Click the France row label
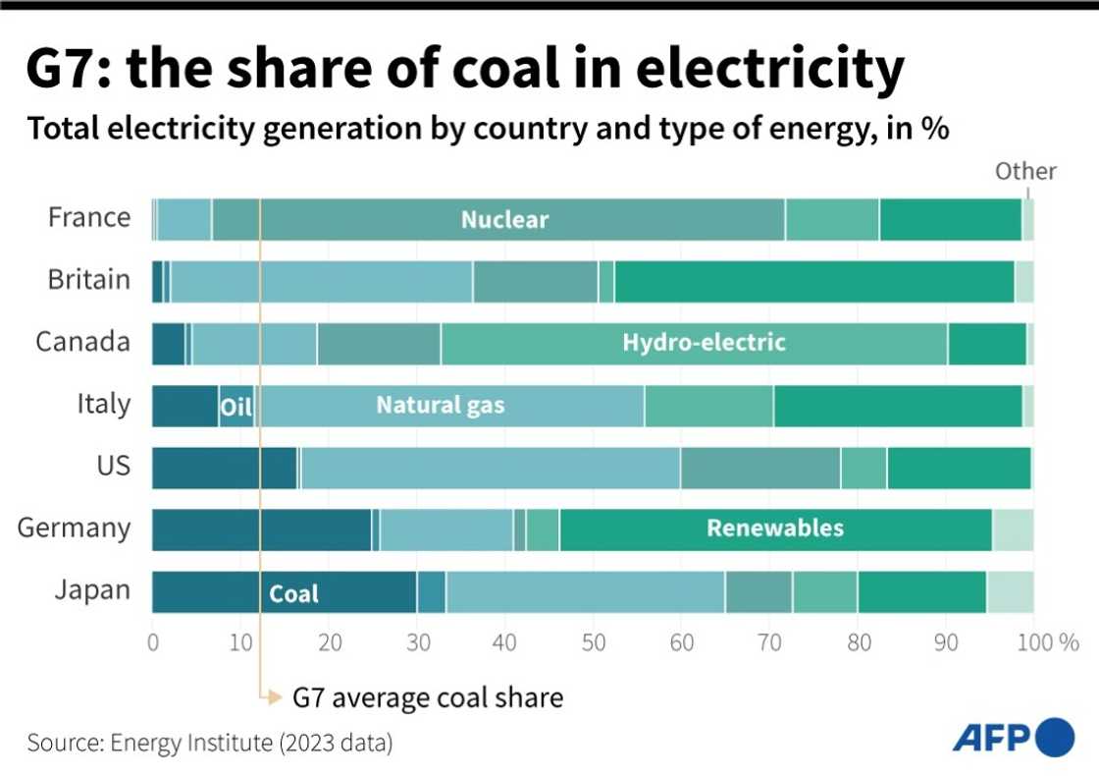click(x=88, y=217)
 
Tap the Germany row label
click(x=74, y=527)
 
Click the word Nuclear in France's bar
click(x=504, y=220)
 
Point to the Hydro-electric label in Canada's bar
click(x=704, y=343)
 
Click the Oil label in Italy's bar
click(x=235, y=407)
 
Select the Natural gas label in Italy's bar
click(x=441, y=405)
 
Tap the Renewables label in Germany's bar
click(x=774, y=528)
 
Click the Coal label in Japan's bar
click(x=294, y=593)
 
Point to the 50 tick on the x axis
click(x=593, y=643)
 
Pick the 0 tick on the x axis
click(x=153, y=643)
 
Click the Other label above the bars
click(x=1025, y=172)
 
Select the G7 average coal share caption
click(x=428, y=698)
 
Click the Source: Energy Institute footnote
click(x=210, y=744)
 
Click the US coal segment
click(x=224, y=468)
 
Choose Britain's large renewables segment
click(x=813, y=281)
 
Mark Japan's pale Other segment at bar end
click(x=1010, y=591)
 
